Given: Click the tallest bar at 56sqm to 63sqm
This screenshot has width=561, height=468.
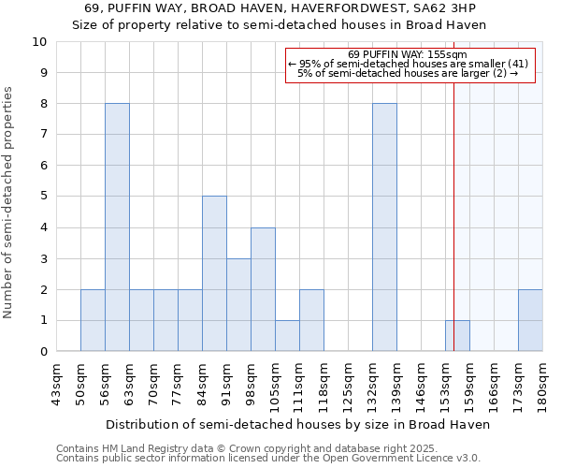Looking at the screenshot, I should (117, 227).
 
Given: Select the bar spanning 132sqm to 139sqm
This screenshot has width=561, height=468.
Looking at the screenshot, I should (384, 227).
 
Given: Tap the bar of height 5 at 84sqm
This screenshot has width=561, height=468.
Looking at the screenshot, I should (214, 273).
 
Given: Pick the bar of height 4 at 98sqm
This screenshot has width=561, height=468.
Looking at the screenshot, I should (263, 289).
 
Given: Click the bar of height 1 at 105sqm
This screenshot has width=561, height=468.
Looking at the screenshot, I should (287, 336).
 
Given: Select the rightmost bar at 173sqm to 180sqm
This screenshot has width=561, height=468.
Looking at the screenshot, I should (530, 320).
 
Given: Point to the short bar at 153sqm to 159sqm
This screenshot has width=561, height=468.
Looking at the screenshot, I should (457, 336).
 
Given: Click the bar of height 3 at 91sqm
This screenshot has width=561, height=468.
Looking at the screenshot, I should (238, 304).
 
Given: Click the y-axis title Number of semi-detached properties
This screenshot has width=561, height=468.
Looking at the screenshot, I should (9, 202).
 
